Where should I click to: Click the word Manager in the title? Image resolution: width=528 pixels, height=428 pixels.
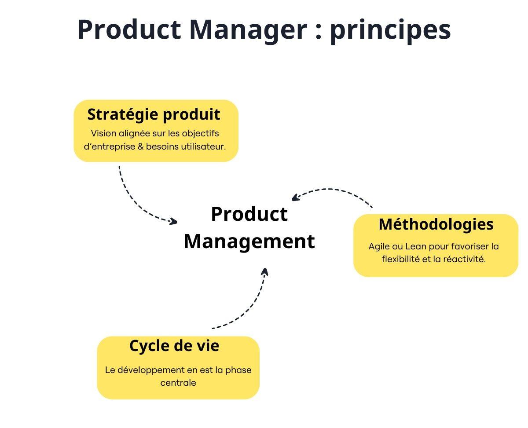tap(248, 29)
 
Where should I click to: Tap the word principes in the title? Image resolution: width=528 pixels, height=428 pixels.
tap(390, 29)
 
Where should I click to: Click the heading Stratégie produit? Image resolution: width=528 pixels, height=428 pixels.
tap(154, 114)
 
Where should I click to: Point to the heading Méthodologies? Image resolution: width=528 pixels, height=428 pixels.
tap(436, 224)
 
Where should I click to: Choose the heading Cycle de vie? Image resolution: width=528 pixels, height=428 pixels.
tap(174, 346)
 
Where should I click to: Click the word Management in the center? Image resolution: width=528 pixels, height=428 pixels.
tap(249, 241)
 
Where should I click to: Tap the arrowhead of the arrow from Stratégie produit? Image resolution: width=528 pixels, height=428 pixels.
tap(174, 222)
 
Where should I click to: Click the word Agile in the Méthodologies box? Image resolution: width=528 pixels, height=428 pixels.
tap(379, 246)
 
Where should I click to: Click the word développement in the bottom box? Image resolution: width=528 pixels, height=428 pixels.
tap(150, 370)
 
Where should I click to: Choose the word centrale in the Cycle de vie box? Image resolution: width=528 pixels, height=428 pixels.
tap(178, 383)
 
